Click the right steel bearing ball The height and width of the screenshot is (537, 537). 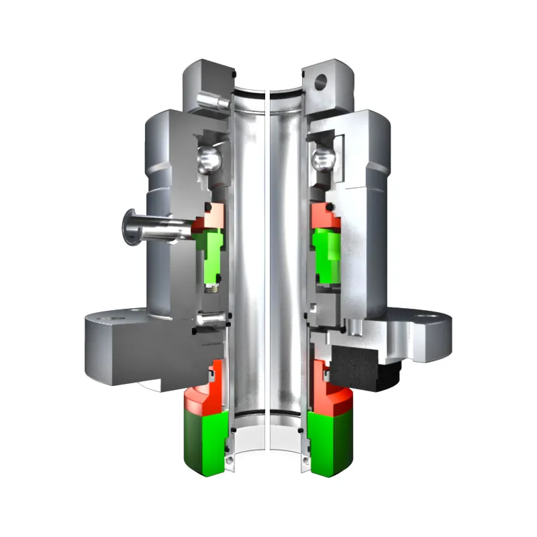[324, 160]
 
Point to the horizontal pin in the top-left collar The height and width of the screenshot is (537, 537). [208, 101]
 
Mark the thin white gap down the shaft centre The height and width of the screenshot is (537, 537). [267, 268]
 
